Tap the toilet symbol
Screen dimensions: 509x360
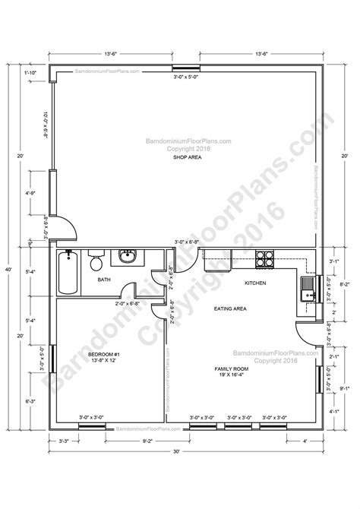[95, 263]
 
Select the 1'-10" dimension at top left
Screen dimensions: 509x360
[30, 71]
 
